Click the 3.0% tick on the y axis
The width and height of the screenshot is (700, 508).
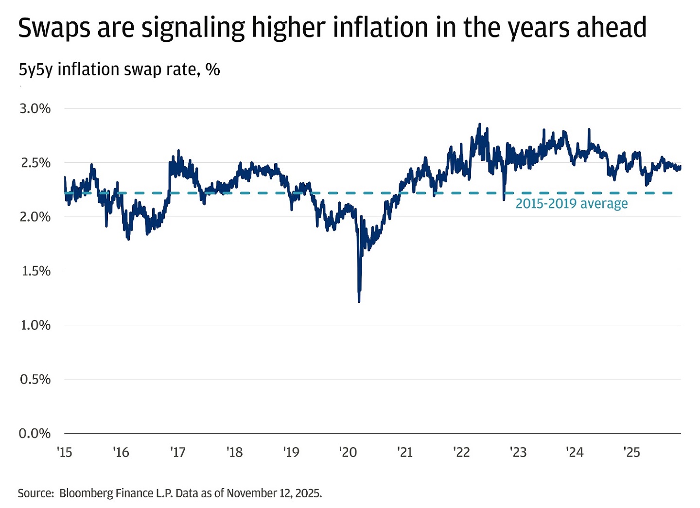coord(35,108)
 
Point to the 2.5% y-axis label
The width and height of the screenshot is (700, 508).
coord(35,163)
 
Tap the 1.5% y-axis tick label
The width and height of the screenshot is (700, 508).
coord(35,271)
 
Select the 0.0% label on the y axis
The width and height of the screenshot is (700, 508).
coord(35,433)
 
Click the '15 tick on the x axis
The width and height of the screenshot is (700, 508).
coord(64,453)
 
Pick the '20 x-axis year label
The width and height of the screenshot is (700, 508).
coord(348,453)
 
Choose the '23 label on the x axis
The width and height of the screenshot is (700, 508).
coord(518,453)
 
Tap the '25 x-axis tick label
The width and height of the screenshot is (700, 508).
coord(632,453)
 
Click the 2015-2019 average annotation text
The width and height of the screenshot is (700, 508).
coord(571,204)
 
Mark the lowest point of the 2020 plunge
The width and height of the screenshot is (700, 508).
coord(359,301)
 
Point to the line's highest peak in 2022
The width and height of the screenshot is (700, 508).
coord(479,124)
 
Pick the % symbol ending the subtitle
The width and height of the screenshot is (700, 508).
coord(212,70)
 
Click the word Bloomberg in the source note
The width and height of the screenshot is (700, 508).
coord(85,493)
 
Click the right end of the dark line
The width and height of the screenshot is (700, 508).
coord(680,167)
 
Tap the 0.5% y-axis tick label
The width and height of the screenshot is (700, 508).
coord(35,379)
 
